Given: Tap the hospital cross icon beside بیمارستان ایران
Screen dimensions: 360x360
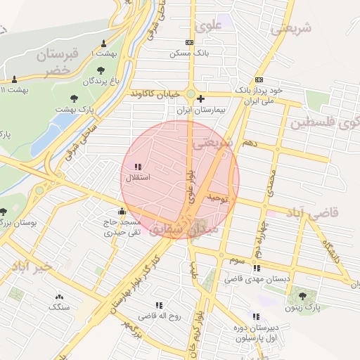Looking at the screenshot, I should click(202, 98).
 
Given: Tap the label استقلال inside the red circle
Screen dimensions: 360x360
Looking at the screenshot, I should click(134, 179).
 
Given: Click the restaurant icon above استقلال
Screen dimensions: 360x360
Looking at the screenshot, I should click(137, 167).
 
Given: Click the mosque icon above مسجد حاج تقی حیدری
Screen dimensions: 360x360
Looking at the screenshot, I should click(122, 210).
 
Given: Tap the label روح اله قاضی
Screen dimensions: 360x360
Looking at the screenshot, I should click(160, 316).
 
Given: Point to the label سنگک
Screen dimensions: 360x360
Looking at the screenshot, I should click(58, 307).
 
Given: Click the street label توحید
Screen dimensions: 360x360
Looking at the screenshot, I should click(219, 200).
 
